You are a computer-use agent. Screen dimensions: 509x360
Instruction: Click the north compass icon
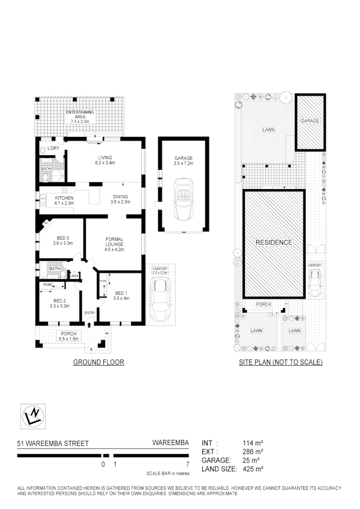[x=33, y=416]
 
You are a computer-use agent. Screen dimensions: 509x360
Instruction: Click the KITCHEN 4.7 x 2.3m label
[x=64, y=200]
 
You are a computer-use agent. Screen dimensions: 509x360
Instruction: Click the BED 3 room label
[x=62, y=240]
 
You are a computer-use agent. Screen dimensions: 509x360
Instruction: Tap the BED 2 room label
[x=59, y=302]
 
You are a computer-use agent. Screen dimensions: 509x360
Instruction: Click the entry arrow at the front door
[x=89, y=324]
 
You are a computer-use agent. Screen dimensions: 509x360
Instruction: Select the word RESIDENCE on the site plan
[x=273, y=242]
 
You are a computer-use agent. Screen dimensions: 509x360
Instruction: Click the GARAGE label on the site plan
[x=310, y=120]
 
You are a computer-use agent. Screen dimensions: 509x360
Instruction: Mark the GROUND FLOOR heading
[x=98, y=363]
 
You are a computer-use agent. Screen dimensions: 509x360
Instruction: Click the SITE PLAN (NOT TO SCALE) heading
[x=280, y=363]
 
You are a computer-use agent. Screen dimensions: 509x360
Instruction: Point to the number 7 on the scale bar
[x=188, y=464]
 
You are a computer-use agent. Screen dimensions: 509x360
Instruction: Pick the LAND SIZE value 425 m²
[x=253, y=469]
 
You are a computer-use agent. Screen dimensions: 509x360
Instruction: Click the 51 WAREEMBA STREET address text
[x=53, y=444]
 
